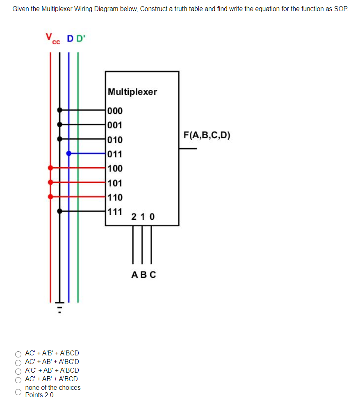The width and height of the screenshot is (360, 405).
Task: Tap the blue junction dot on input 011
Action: (69, 153)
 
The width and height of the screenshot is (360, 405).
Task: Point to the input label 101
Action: (115, 183)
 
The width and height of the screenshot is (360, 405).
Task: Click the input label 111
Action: (115, 212)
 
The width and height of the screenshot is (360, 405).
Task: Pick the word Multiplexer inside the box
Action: (132, 91)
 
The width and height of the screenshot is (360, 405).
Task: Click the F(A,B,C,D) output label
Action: (207, 135)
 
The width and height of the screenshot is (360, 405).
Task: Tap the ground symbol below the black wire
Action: (59, 307)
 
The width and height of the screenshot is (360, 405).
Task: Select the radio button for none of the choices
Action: (18, 391)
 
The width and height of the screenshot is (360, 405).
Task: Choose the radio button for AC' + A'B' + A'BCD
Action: (18, 353)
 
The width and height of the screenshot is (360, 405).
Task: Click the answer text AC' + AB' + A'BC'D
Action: (52, 362)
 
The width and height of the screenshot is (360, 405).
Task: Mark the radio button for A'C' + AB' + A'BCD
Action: (18, 371)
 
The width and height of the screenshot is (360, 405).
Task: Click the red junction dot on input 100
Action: (51, 168)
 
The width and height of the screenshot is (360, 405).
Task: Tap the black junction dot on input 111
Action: (60, 211)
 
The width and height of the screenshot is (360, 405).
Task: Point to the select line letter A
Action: (134, 275)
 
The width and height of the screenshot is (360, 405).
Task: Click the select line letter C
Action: (153, 275)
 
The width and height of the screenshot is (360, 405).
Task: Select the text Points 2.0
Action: (39, 395)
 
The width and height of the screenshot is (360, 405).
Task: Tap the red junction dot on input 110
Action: (51, 197)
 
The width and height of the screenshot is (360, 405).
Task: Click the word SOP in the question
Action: (341, 9)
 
